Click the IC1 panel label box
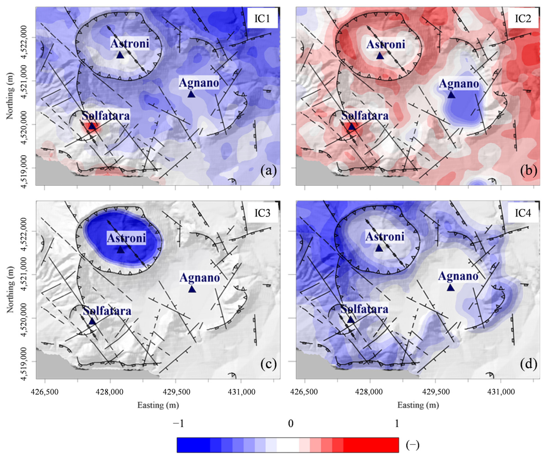(262, 19)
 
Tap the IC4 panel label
(523, 213)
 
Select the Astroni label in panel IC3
(126, 238)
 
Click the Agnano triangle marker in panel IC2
(451, 95)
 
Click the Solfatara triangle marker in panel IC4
(351, 319)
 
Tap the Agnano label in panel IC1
(199, 83)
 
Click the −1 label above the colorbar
(179, 424)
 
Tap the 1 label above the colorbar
(397, 424)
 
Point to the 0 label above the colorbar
(291, 424)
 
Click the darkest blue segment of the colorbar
(193, 445)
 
